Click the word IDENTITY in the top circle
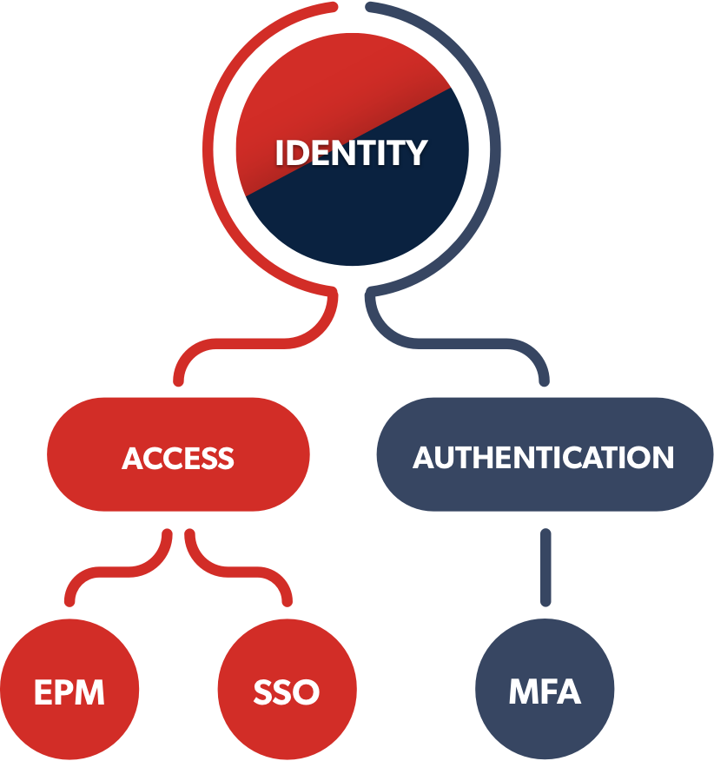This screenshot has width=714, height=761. [351, 153]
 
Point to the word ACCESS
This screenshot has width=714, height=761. [178, 458]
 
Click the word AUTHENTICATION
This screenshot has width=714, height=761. [543, 458]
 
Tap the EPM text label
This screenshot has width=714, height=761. [69, 693]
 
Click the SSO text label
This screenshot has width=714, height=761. [287, 693]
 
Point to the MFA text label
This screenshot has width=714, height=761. [545, 693]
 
